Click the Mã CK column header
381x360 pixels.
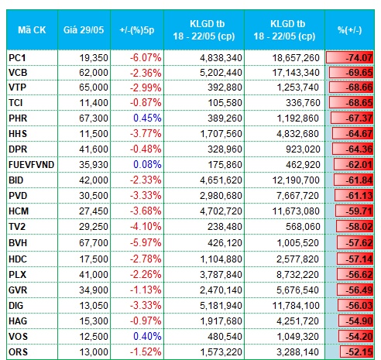(x=32, y=30)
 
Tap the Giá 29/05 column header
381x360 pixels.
(x=84, y=30)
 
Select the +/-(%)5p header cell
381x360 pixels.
(x=137, y=30)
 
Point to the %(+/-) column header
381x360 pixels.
(x=350, y=30)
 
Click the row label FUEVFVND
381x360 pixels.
(x=31, y=165)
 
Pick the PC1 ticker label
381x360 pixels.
(x=17, y=57)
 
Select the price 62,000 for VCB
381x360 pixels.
(x=94, y=73)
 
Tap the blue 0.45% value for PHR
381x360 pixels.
(x=147, y=118)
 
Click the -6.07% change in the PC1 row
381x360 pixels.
(x=146, y=57)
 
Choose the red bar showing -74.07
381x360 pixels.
(x=349, y=57)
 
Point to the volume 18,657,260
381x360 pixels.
(x=296, y=57)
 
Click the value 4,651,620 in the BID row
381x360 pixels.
(x=221, y=180)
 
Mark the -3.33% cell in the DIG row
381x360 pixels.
(x=146, y=306)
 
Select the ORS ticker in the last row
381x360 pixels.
(x=18, y=352)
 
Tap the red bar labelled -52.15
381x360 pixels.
(x=357, y=352)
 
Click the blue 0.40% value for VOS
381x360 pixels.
(x=147, y=337)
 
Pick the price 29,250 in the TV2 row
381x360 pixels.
(x=94, y=227)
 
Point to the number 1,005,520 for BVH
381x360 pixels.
(x=297, y=243)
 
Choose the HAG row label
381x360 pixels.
(x=18, y=321)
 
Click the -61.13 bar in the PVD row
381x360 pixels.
(x=354, y=196)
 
